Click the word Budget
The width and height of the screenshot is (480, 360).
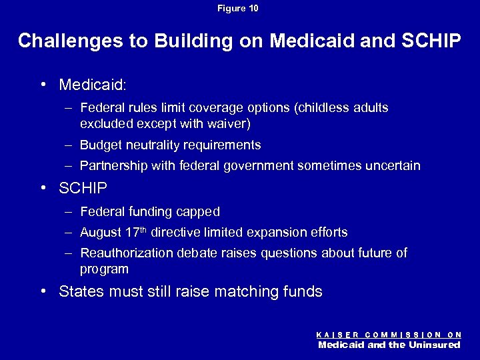click(x=99, y=145)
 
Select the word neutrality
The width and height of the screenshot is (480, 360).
click(x=150, y=145)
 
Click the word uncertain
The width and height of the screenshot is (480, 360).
click(x=394, y=166)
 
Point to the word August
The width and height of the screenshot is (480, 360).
click(x=99, y=233)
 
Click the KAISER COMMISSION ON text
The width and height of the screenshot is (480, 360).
click(x=389, y=334)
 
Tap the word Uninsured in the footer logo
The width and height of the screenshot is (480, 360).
click(x=433, y=345)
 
